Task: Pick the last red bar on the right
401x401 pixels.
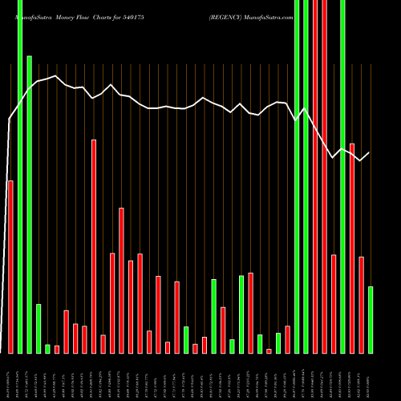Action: pos(361,305)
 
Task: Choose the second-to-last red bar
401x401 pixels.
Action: pos(352,248)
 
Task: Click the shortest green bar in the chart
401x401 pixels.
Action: pos(47,349)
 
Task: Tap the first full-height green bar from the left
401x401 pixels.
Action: pos(20,176)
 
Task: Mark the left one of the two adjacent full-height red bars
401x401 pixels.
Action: pos(314,176)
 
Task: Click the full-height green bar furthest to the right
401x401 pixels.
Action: pos(342,176)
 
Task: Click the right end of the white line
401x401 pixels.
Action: pos(370,152)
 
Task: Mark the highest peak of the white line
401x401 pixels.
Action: pos(55,76)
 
